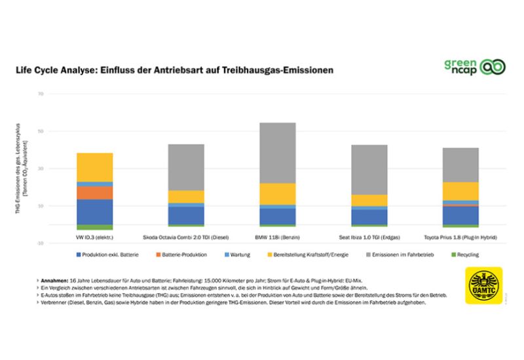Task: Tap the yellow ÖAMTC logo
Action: click(x=483, y=286)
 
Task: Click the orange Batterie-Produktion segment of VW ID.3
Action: click(x=94, y=192)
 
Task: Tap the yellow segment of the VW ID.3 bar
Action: click(x=94, y=167)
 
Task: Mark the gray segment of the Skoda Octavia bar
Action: click(x=186, y=167)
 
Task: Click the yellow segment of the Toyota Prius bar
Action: click(x=460, y=190)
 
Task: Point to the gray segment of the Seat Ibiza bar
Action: click(x=369, y=170)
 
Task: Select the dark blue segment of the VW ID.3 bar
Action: click(x=94, y=211)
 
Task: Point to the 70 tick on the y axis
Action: click(x=40, y=94)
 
